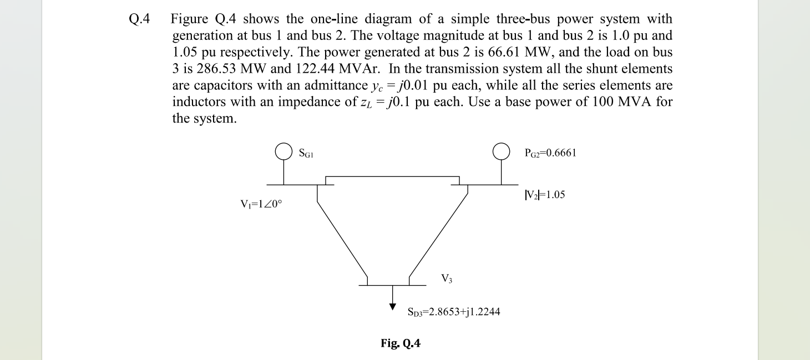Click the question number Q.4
click(139, 20)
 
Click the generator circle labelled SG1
click(284, 151)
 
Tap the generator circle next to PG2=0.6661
click(502, 151)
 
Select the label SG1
click(307, 153)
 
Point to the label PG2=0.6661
click(550, 153)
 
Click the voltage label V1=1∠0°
click(261, 204)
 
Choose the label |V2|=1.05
click(544, 195)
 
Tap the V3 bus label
click(447, 278)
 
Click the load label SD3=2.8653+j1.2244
click(454, 312)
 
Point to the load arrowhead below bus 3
click(393, 305)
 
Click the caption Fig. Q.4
click(401, 344)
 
